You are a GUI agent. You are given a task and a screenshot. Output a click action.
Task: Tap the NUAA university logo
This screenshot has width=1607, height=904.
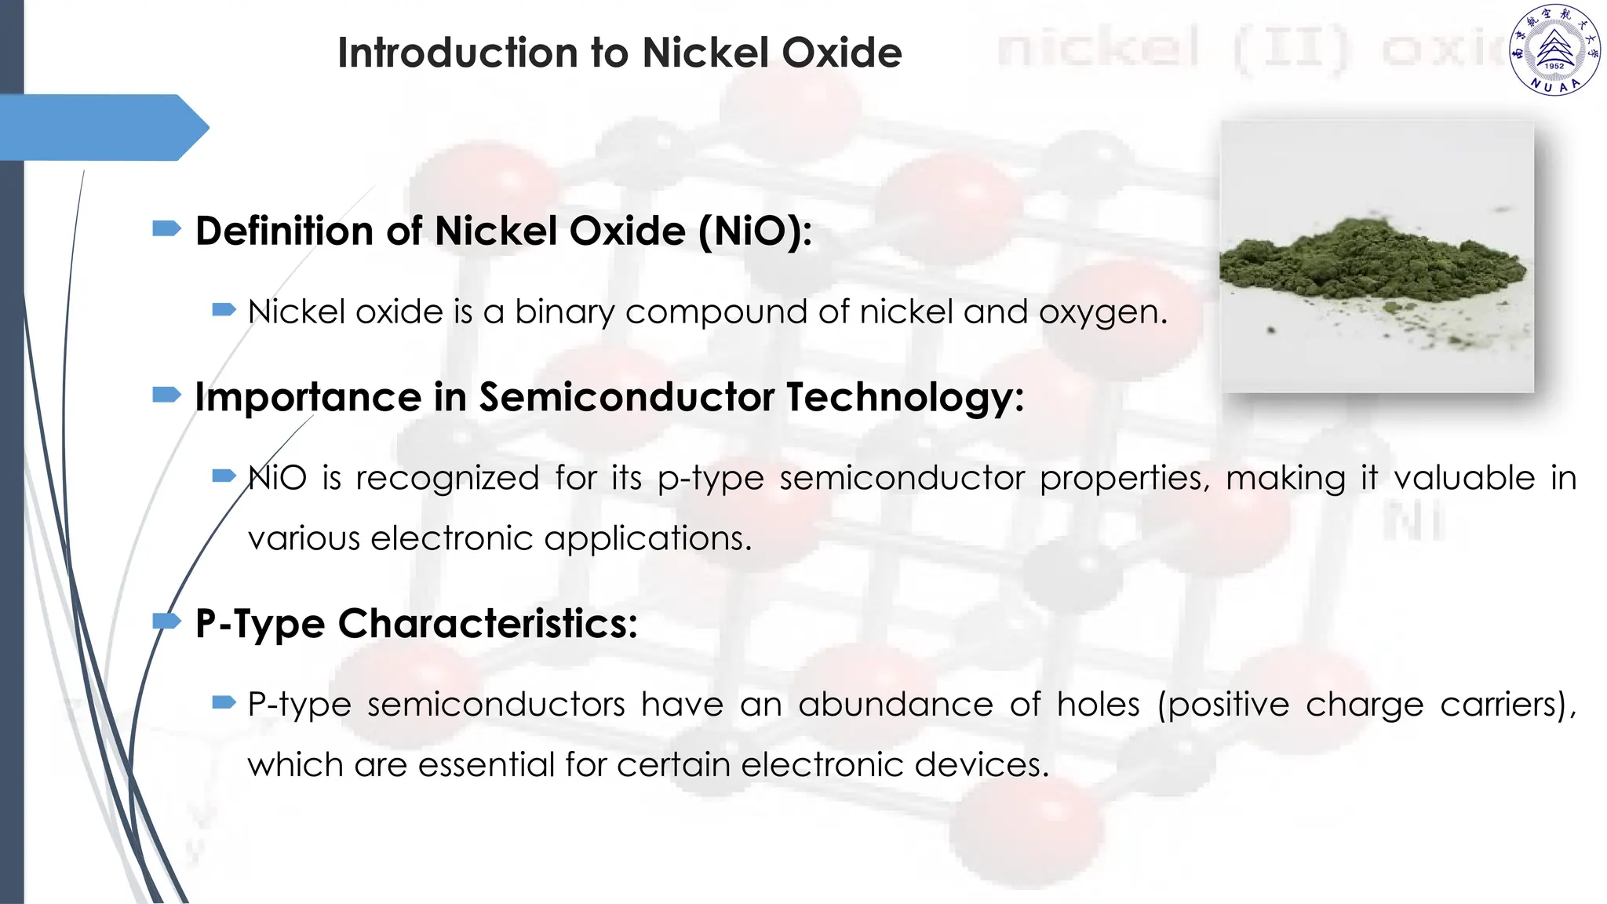pos(1554,50)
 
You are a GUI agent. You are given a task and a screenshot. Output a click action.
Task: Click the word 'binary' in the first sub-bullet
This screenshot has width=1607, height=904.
pos(564,312)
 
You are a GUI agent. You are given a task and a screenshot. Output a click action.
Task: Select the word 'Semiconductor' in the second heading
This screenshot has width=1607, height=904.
pos(627,397)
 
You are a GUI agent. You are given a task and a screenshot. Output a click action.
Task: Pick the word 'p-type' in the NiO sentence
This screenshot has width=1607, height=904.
pos(710,479)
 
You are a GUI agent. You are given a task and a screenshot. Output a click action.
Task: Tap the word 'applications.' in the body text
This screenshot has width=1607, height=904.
pos(647,539)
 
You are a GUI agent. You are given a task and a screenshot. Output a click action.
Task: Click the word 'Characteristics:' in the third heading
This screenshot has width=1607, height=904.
pos(487,624)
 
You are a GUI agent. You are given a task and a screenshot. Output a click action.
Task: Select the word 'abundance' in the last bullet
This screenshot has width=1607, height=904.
pos(895,705)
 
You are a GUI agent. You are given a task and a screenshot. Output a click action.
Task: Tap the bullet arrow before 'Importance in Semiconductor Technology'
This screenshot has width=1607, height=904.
pos(166,394)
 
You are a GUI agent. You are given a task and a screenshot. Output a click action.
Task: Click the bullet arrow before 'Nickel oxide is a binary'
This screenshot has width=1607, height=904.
pos(224,310)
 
